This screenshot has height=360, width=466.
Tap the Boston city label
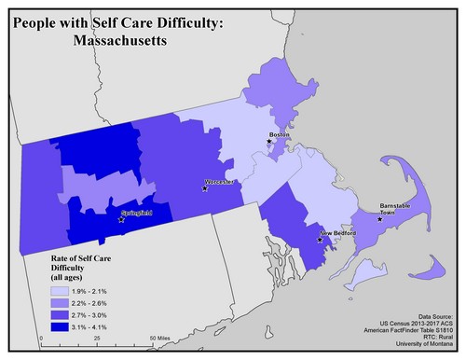point(279,135)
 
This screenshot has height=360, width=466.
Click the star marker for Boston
point(270,142)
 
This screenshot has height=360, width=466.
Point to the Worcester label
point(220,180)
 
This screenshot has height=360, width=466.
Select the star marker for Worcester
point(205,188)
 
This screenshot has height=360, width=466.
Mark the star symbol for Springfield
point(120,220)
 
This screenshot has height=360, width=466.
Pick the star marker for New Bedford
point(321,240)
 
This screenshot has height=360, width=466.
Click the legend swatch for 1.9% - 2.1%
point(60,290)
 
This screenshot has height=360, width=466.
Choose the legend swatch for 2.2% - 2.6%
point(60,303)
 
